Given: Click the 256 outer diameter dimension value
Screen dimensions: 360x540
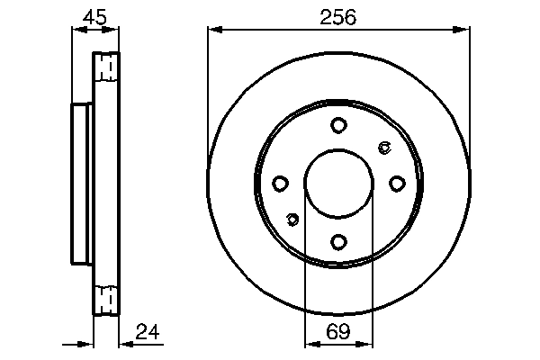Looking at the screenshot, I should [x=338, y=16].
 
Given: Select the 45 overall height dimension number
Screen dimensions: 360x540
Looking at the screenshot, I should [x=94, y=16].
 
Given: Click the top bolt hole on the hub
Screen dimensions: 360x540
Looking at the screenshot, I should [x=337, y=125].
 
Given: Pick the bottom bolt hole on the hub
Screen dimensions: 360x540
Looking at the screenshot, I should [x=337, y=241].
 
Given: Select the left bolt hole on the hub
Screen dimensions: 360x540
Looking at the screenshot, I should [x=280, y=184].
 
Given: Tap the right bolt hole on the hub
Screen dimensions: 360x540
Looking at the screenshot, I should [x=396, y=184].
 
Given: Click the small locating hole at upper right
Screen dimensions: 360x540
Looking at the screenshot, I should [x=384, y=148].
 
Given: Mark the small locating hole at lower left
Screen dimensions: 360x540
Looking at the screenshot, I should [x=292, y=219].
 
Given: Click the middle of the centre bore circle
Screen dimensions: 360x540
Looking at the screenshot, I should [x=337, y=184].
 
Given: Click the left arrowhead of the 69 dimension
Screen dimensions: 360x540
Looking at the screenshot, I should [x=310, y=343].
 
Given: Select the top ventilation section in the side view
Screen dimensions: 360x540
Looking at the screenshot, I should [x=106, y=67].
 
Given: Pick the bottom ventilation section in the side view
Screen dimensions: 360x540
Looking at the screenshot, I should [x=106, y=300].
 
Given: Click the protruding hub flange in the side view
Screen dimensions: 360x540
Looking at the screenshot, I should [x=81, y=184].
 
